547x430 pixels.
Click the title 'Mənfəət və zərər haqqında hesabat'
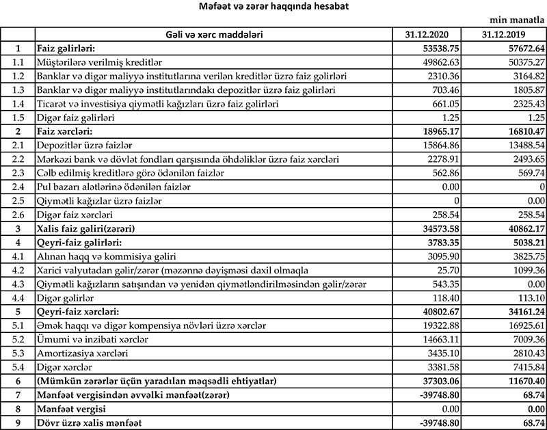coord(273,7)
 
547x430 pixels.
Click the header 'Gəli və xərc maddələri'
coord(213,33)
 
